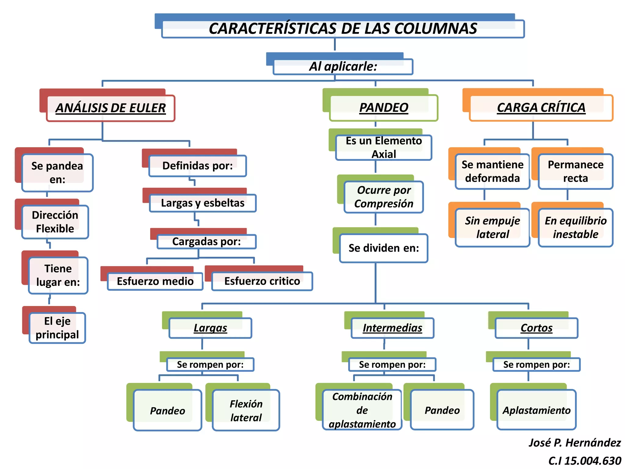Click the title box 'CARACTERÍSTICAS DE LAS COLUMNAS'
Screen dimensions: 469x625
pyautogui.click(x=343, y=29)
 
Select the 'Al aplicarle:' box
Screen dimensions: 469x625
pyautogui.click(x=343, y=67)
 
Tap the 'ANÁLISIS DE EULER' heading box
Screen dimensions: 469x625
pyautogui.click(x=110, y=108)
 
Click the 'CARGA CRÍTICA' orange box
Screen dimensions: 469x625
pyautogui.click(x=541, y=108)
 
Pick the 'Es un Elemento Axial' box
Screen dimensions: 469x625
pyautogui.click(x=384, y=147)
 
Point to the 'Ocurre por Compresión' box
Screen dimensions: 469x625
pyautogui.click(x=384, y=197)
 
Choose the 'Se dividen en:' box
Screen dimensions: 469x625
pyautogui.click(x=384, y=248)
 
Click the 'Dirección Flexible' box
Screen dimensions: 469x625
pyautogui.click(x=55, y=222)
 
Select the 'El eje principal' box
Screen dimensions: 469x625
pyautogui.click(x=57, y=328)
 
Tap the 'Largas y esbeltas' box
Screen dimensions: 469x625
pyautogui.click(x=203, y=203)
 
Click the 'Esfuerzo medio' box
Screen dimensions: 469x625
pyautogui.click(x=155, y=281)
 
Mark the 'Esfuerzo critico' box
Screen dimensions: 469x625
pyautogui.click(x=262, y=281)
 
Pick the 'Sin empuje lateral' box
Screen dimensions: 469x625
pyautogui.click(x=492, y=227)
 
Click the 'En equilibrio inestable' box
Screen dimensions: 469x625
pyautogui.click(x=576, y=227)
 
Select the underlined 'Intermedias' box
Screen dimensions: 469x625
pyautogui.click(x=392, y=328)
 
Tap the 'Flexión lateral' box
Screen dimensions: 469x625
pyautogui.click(x=246, y=410)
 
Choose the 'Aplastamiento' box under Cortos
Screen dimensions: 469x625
pyautogui.click(x=536, y=410)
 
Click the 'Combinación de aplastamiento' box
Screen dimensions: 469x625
pyautogui.click(x=362, y=410)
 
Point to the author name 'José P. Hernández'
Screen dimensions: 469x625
pyautogui.click(x=575, y=442)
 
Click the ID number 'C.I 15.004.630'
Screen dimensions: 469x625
pyautogui.click(x=584, y=461)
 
